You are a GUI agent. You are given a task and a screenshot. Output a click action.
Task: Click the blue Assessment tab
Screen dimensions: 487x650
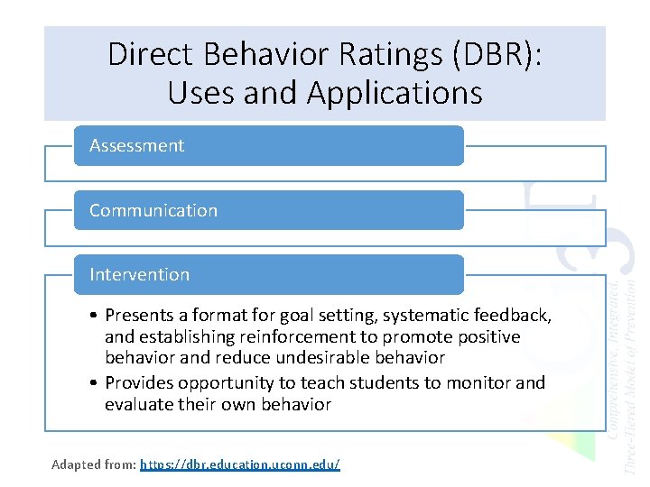tap(268, 145)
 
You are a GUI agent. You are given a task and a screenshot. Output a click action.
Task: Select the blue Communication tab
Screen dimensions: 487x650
tap(268, 210)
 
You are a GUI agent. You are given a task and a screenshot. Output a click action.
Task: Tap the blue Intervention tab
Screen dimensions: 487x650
tap(268, 274)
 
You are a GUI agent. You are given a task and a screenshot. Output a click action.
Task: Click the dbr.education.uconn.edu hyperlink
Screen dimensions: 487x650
tap(240, 464)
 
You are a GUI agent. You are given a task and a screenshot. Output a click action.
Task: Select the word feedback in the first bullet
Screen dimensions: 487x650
tap(515, 315)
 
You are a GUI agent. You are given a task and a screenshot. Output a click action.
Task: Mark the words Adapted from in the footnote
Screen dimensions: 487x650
tap(94, 464)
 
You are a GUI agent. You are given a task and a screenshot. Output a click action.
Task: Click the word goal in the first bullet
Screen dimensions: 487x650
tap(296, 315)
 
